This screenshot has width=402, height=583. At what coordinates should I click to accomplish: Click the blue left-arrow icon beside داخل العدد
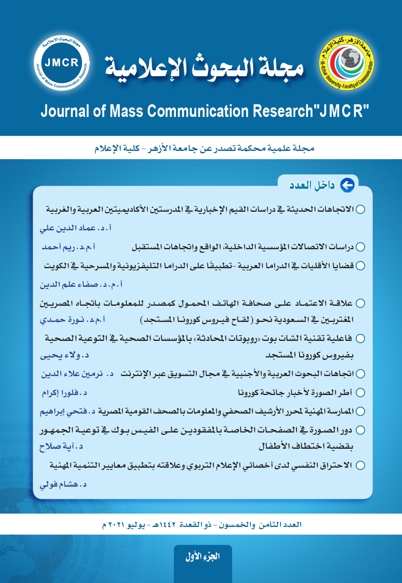(x=347, y=185)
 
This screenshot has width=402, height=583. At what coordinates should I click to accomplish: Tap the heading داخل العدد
(x=312, y=185)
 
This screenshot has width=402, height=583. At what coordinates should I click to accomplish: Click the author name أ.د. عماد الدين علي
(x=75, y=228)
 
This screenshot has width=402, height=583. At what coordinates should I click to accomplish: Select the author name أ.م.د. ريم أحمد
(x=68, y=247)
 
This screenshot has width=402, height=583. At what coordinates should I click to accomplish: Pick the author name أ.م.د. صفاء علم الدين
(x=81, y=284)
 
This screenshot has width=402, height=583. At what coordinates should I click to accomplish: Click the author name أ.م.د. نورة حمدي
(x=72, y=319)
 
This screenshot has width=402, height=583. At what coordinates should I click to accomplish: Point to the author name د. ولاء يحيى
(x=64, y=355)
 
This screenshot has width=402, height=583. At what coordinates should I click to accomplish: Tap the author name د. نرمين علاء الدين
(x=77, y=374)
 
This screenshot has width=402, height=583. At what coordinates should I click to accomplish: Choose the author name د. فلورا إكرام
(x=64, y=393)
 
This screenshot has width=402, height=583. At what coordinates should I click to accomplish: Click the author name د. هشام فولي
(x=63, y=484)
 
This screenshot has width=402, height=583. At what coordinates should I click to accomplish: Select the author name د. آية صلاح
(x=61, y=446)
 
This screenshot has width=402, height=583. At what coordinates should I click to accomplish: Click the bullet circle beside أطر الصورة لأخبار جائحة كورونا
(x=360, y=393)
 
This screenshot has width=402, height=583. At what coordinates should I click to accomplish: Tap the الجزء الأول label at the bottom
(x=202, y=557)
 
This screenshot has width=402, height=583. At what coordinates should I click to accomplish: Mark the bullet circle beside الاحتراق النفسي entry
(x=360, y=465)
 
